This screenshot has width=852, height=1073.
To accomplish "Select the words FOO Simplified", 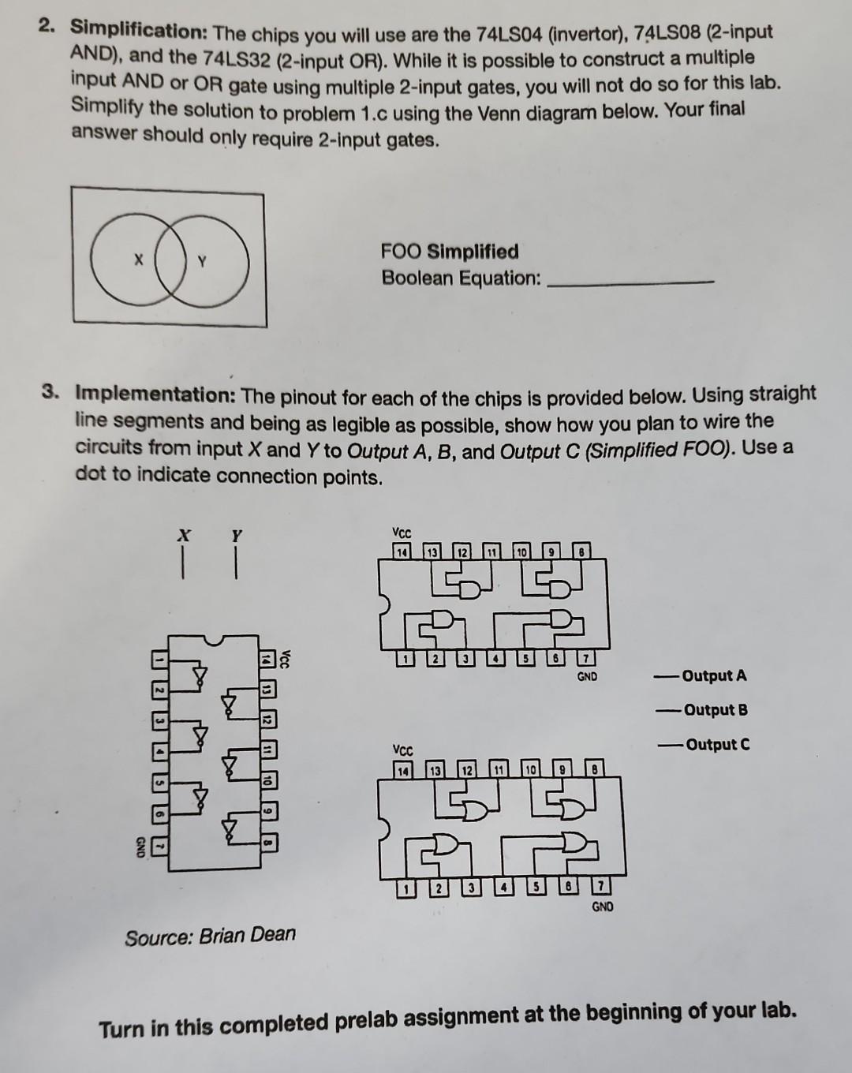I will [450, 252].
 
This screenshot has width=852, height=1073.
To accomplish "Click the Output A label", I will [714, 675].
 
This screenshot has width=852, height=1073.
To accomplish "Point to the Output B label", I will [716, 709].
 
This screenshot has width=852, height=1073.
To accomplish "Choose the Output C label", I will [717, 744].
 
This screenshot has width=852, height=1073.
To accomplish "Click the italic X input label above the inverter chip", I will [184, 536].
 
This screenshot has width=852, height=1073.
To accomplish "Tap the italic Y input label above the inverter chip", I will [235, 536].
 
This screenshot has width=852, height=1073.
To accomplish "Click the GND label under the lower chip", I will [602, 907].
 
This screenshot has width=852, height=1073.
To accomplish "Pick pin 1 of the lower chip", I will [405, 889].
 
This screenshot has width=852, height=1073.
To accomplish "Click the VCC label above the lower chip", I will [402, 750].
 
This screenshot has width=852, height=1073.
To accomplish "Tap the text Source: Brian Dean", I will [210, 936].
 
